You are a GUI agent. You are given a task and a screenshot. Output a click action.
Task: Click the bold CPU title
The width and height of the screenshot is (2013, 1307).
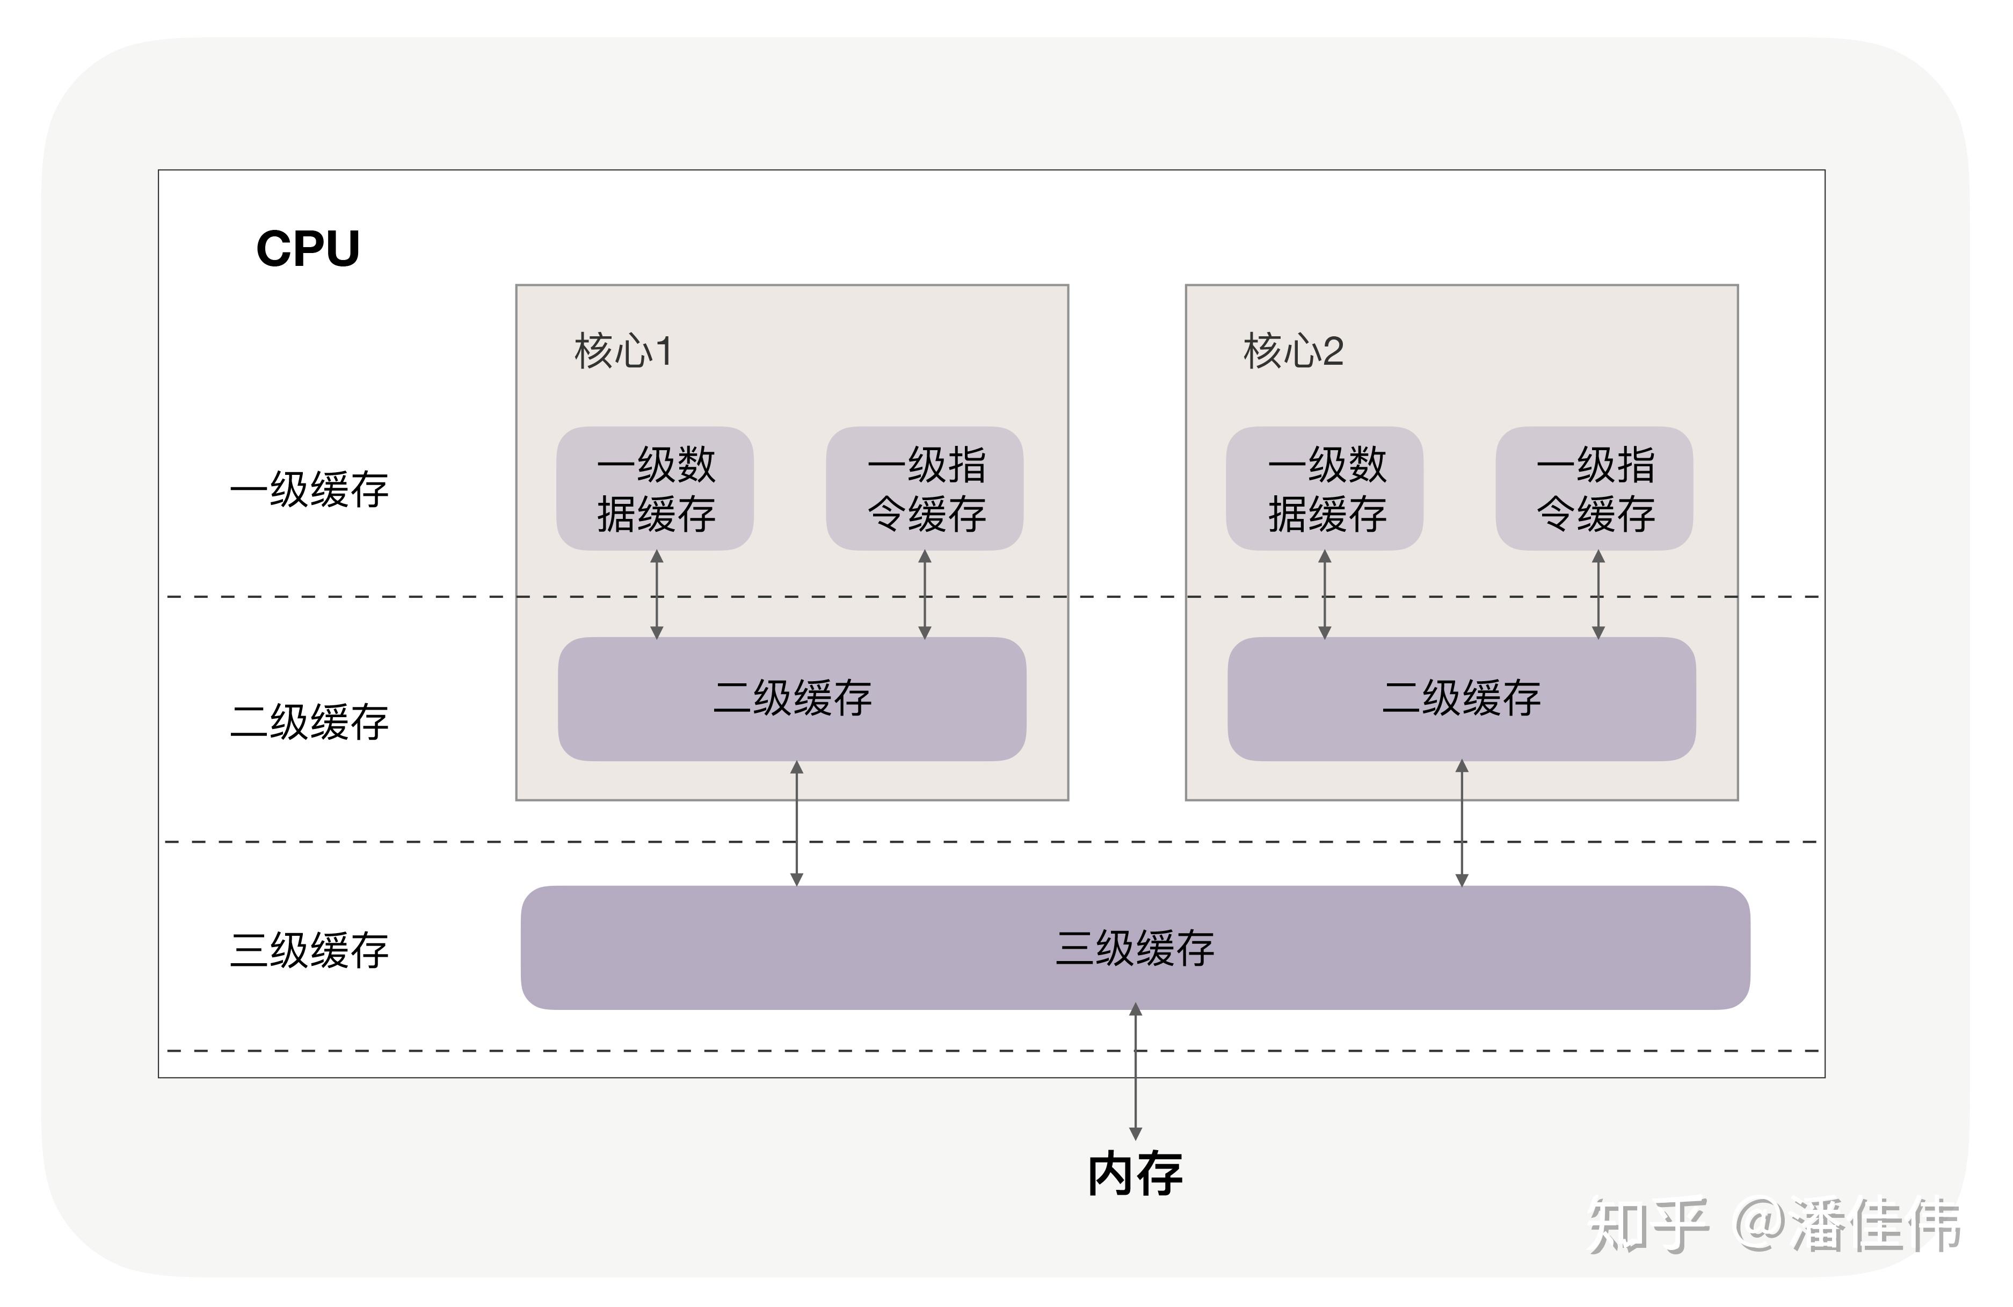click(x=308, y=249)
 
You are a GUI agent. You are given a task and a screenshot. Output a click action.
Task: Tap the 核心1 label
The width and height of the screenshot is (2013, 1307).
click(x=623, y=351)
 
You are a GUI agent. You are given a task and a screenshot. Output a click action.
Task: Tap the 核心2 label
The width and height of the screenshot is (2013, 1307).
click(x=1293, y=351)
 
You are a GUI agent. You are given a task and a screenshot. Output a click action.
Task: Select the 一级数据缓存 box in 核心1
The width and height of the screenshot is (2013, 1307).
click(x=656, y=489)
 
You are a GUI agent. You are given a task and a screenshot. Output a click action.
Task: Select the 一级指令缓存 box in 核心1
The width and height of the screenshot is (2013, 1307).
click(x=925, y=489)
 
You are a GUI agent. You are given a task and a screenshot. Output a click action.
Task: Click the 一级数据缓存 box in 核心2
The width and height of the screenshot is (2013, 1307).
click(x=1325, y=489)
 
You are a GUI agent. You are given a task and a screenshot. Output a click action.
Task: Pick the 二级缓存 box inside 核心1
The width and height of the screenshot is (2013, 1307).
click(x=793, y=699)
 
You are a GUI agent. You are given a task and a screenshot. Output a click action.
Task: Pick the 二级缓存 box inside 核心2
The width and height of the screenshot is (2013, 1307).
click(x=1462, y=699)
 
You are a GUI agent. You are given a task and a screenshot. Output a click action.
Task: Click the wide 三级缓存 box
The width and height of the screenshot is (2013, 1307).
click(x=1135, y=948)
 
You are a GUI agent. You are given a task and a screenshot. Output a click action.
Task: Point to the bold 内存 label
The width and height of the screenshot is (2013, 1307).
click(x=1135, y=1174)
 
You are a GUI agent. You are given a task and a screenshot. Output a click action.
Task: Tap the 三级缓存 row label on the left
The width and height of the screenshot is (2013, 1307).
click(x=310, y=950)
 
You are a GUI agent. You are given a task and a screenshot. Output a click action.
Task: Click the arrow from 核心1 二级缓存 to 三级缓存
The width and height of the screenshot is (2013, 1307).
click(x=796, y=823)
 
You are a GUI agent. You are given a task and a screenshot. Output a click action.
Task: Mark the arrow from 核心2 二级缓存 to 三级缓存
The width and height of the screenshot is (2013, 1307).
click(x=1462, y=823)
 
